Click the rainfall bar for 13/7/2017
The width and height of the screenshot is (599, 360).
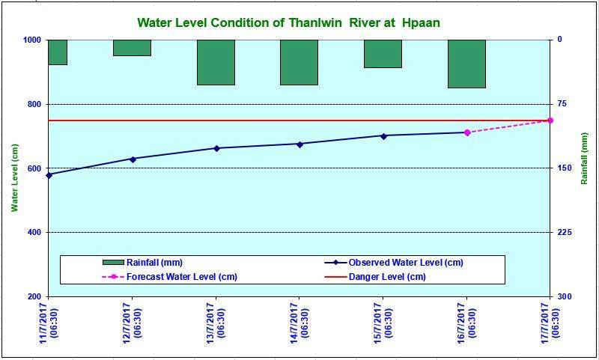pos(216,62)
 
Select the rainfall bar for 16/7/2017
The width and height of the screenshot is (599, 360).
pos(466,64)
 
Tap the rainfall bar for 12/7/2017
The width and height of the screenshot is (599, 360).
pos(133,48)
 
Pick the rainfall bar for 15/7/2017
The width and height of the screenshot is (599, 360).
pos(383,54)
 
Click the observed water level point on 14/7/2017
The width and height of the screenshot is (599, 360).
pos(299,144)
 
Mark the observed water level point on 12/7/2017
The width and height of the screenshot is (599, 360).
pos(133,159)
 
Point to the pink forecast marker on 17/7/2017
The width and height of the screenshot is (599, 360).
pos(550,120)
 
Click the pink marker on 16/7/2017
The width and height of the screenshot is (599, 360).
pos(466,132)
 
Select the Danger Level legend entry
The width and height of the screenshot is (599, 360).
pos(375,276)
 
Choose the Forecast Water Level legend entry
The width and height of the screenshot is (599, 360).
pos(170,276)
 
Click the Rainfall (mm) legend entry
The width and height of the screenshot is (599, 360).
pos(142,262)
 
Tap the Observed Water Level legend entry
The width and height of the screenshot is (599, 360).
pos(394,262)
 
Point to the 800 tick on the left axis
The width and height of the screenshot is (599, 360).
pos(34,104)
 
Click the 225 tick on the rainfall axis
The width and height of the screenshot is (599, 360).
pos(560,232)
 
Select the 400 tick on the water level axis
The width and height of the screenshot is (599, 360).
pos(34,232)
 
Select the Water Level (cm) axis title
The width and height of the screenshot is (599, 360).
pos(14,177)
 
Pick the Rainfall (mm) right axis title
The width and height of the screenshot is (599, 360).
pos(584,159)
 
